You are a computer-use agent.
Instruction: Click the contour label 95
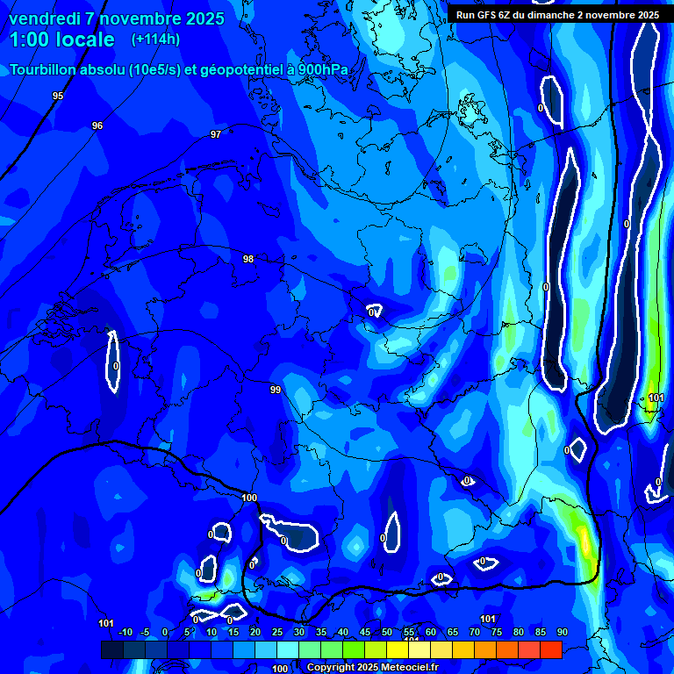tap(58, 96)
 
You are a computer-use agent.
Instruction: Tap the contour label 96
tap(97, 125)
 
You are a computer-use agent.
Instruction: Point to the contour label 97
tap(216, 134)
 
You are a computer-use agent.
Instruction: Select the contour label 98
tap(248, 259)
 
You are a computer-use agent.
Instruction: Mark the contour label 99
tap(276, 390)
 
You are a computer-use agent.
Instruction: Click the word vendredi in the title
tap(45, 18)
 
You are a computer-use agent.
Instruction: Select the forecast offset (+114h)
tap(155, 39)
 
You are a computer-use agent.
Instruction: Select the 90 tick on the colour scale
tap(563, 632)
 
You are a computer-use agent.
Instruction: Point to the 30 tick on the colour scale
tap(299, 632)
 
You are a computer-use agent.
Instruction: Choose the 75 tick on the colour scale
tap(497, 632)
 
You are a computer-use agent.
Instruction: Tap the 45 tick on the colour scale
tap(365, 632)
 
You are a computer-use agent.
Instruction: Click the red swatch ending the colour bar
tap(551, 649)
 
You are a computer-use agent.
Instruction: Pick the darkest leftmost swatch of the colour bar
tap(112, 649)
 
